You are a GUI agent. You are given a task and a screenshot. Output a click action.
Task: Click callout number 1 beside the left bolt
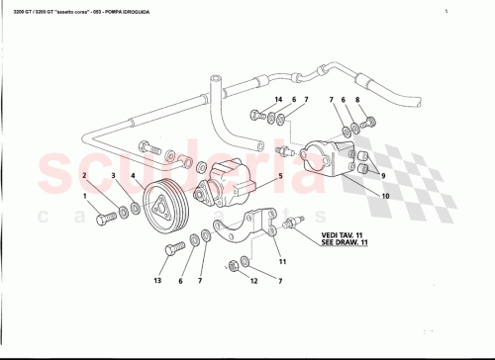pyautogui.click(x=85, y=197)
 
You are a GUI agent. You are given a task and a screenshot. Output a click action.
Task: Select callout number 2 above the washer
pyautogui.click(x=85, y=176)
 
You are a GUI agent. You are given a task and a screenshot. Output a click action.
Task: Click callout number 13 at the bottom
pyautogui.click(x=157, y=281)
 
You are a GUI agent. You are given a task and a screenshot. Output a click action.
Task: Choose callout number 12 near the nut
pyautogui.click(x=252, y=281)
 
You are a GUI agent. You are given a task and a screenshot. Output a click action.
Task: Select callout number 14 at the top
pyautogui.click(x=279, y=101)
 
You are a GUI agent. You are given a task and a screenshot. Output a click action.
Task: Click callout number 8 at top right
pyautogui.click(x=358, y=101)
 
